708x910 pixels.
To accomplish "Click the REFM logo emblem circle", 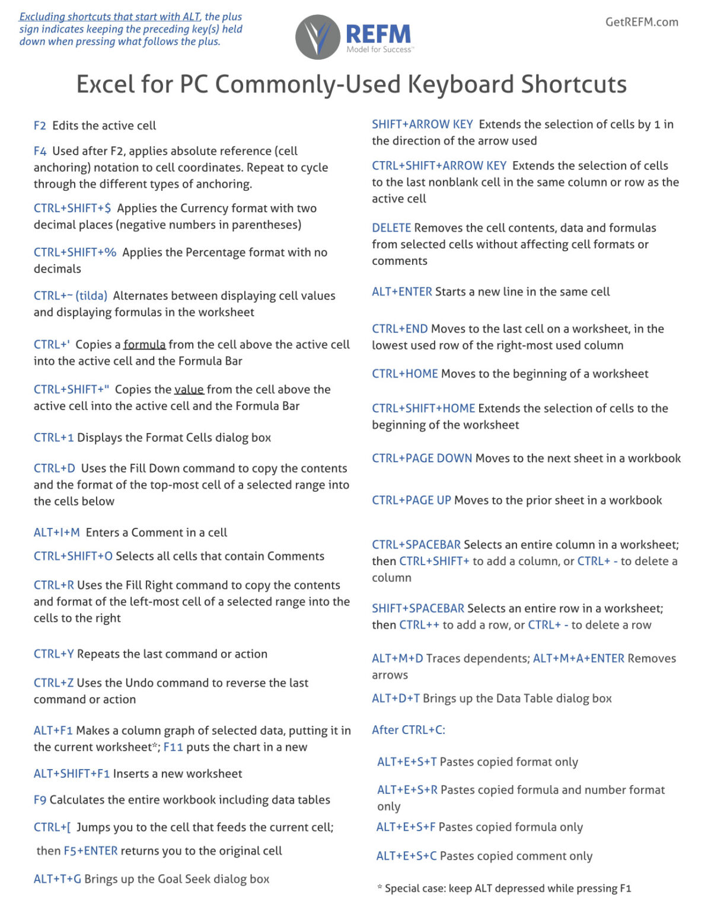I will (318, 37).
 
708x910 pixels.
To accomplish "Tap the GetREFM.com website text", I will (642, 22).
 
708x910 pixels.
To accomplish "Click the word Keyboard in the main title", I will (461, 84).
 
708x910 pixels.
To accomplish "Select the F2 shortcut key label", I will (40, 126).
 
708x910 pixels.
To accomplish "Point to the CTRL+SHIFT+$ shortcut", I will (72, 209).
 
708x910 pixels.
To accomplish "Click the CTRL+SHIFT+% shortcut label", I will (75, 252).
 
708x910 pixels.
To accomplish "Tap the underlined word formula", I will (144, 345).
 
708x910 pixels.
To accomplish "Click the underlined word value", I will (189, 390).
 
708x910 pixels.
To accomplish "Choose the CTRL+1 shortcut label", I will (53, 438).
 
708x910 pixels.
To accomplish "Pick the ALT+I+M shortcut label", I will (56, 533).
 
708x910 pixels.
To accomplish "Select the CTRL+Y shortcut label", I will (53, 654).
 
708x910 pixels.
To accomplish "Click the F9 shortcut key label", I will (40, 800).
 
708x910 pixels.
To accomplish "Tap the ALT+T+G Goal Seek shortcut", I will (57, 879).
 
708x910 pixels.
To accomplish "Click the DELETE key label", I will (391, 228).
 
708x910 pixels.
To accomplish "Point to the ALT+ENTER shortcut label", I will (402, 292).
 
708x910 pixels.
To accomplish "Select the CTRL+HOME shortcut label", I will (405, 374).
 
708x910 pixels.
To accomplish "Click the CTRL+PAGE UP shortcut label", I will (412, 501).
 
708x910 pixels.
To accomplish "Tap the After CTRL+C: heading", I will (409, 730).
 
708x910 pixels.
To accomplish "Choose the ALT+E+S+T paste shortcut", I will (407, 762).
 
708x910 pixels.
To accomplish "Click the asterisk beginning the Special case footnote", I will (379, 887).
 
